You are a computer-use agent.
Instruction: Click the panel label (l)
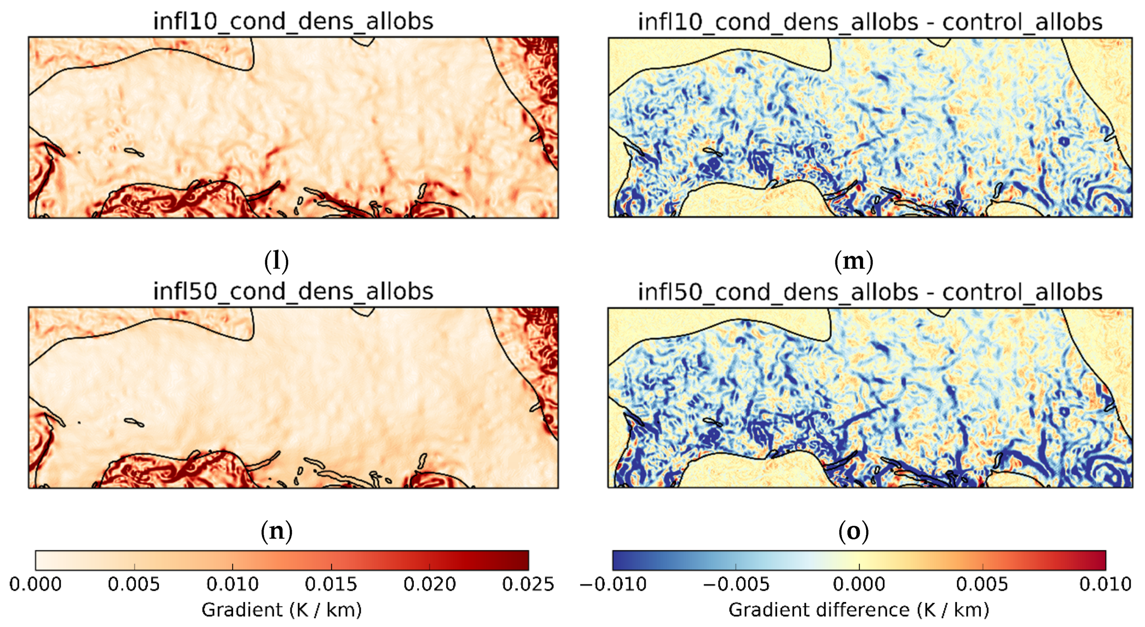coord(276,261)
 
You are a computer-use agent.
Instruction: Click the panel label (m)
coord(853,261)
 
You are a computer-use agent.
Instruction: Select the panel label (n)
coord(276,531)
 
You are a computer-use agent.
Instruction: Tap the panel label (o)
coord(853,531)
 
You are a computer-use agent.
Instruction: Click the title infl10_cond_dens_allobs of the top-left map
coord(293,21)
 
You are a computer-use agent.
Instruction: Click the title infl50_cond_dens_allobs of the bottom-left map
coord(293,291)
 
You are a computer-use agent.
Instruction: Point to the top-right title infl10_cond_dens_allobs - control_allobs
coord(869,22)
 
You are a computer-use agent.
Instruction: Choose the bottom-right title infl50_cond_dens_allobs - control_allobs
coord(869,292)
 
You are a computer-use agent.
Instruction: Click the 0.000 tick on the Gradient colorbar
coord(36,584)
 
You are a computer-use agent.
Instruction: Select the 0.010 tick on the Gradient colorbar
coord(232,584)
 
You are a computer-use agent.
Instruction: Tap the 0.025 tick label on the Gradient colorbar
coord(528,584)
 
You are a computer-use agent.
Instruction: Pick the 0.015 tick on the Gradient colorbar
coord(331,584)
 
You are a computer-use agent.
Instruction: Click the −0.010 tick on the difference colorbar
coord(613,584)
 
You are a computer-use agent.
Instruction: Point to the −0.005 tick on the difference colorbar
coord(736,584)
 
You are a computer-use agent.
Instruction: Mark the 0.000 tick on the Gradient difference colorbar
coord(859,584)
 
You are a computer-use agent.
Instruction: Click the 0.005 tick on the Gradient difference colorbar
coord(982,584)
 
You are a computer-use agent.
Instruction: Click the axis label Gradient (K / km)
coord(281,610)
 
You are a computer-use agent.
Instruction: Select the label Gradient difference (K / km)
coord(859,610)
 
